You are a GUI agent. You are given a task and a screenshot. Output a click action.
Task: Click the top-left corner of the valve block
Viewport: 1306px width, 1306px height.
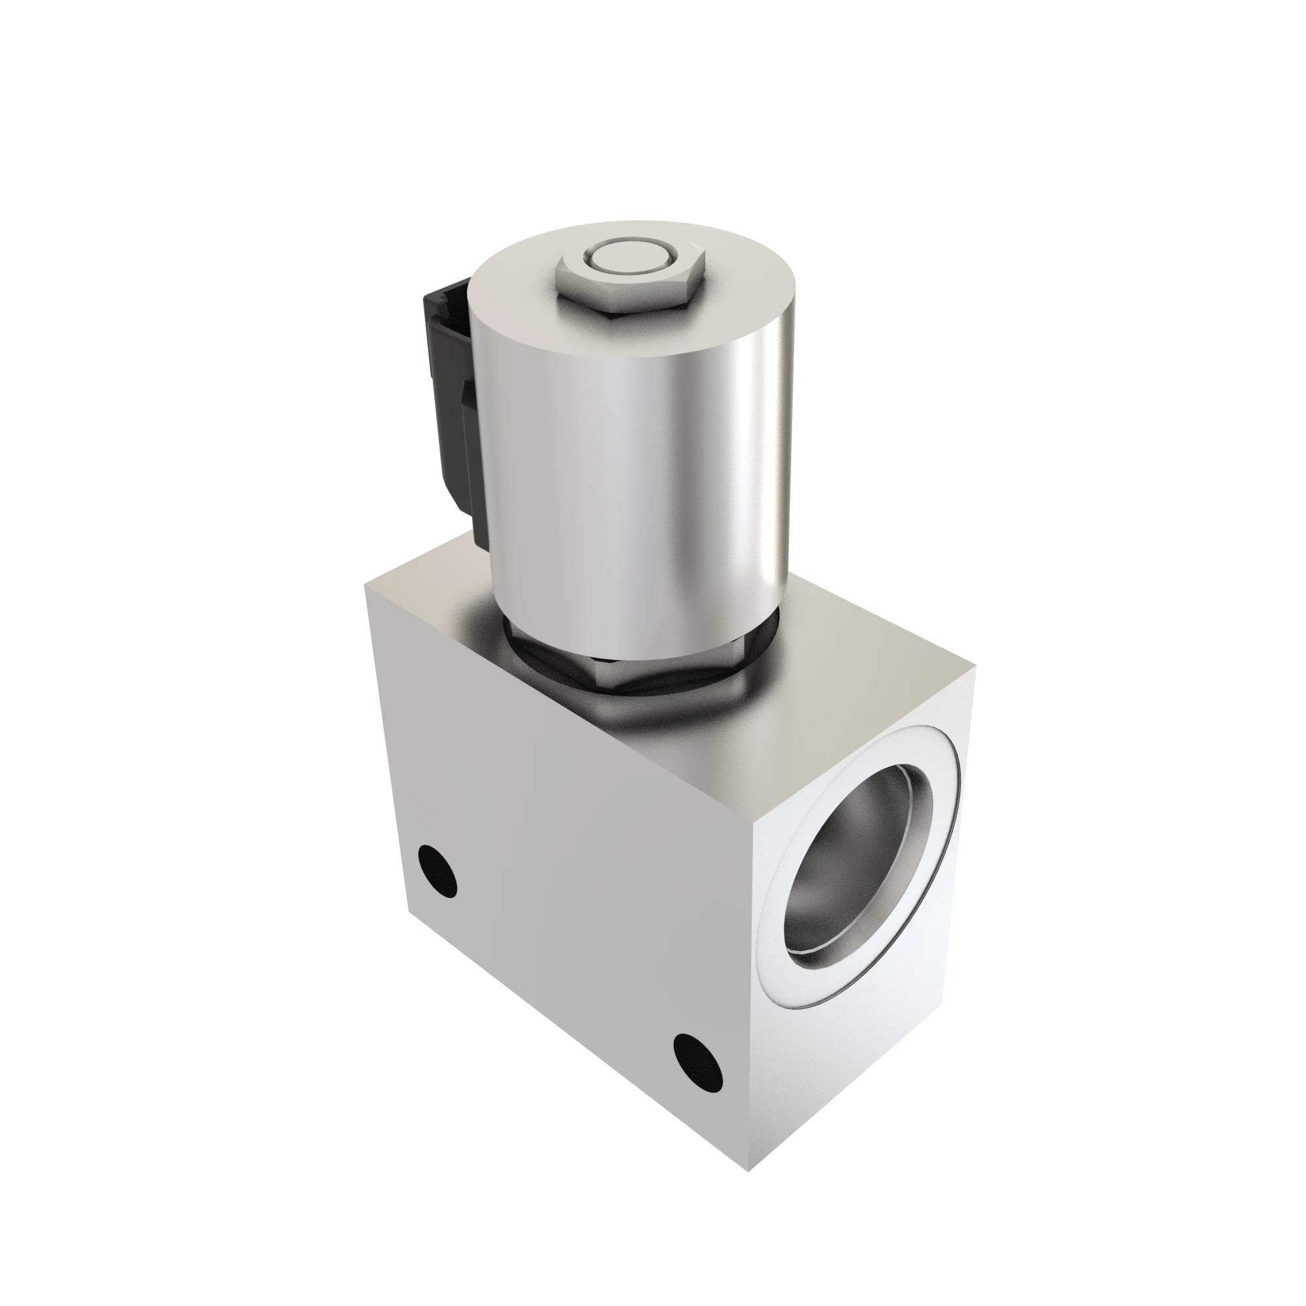pyautogui.click(x=366, y=585)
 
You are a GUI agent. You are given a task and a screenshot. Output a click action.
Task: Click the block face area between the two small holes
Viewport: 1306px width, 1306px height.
pyautogui.click(x=568, y=974)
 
